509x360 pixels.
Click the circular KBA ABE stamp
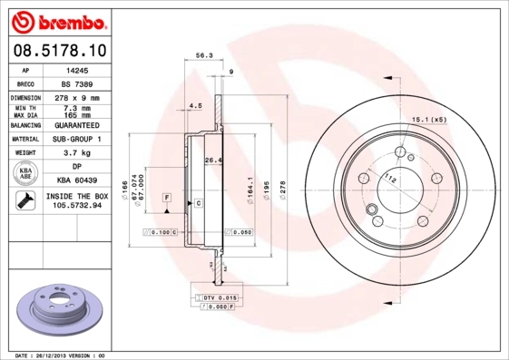24,174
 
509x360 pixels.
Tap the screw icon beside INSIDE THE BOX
24,200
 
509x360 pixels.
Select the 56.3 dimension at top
205,56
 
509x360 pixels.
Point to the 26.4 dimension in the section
212,161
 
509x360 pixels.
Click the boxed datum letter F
167,197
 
